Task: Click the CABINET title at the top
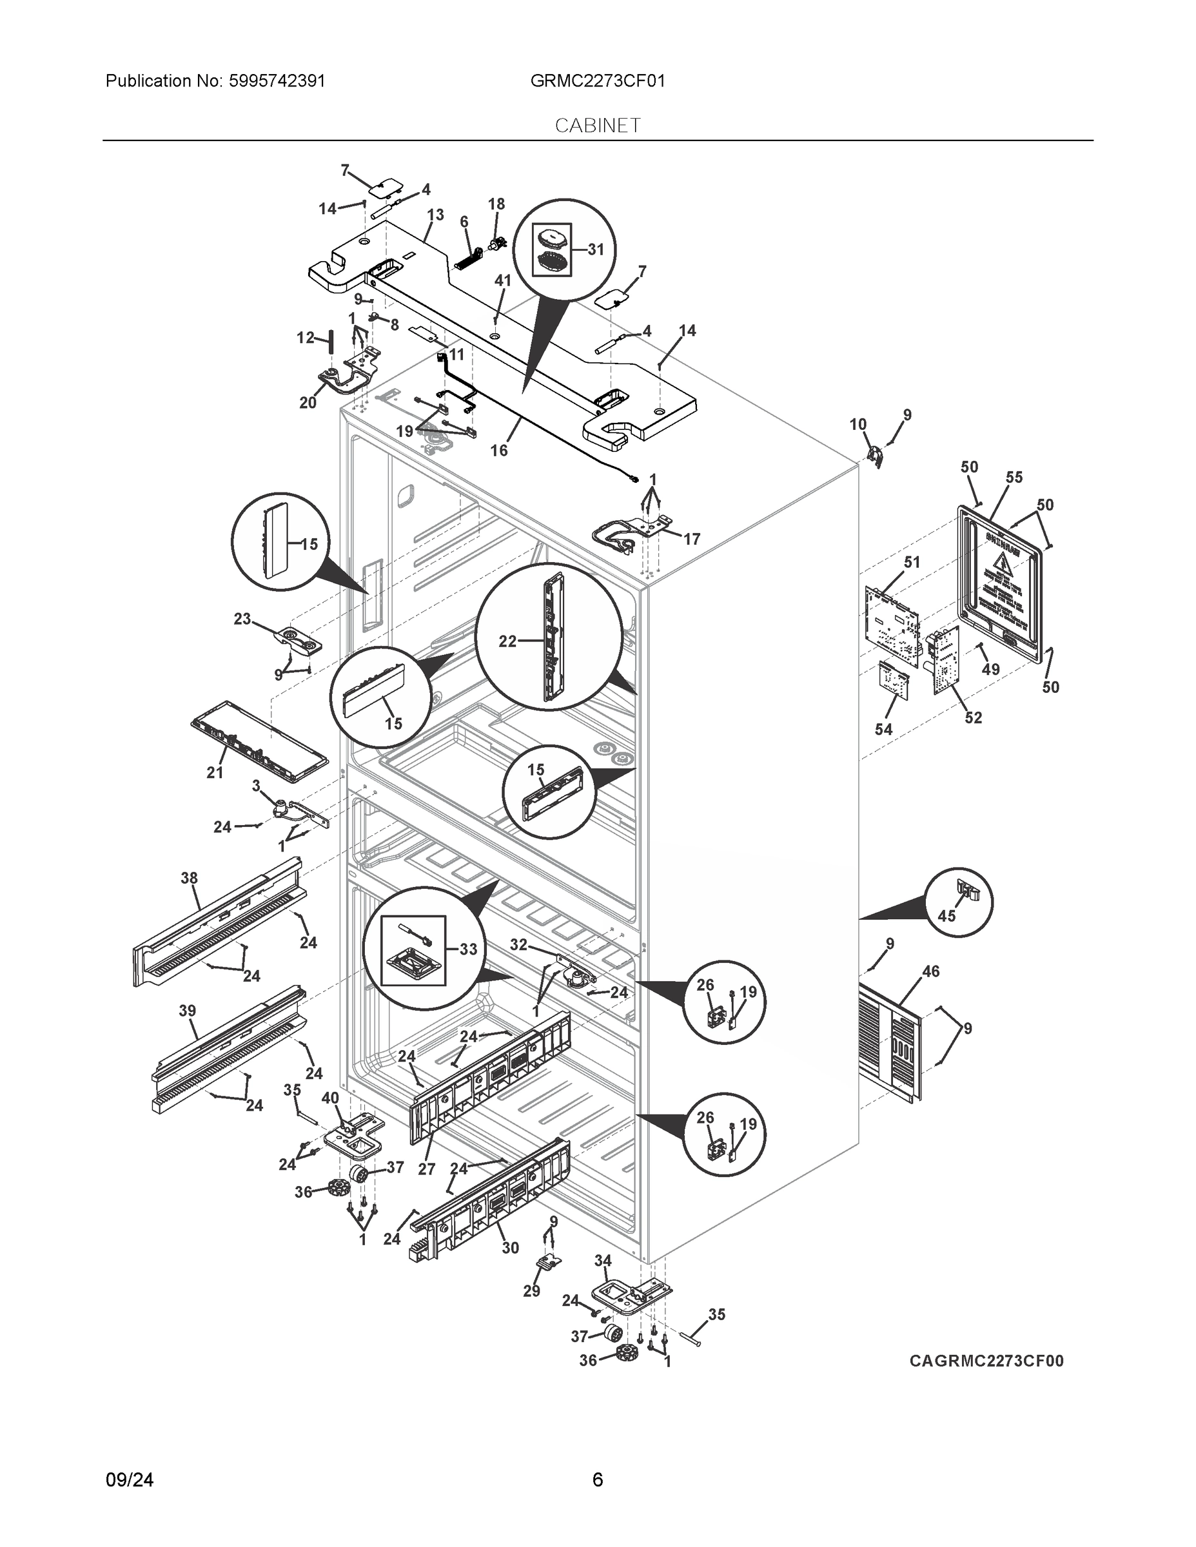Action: [x=597, y=126]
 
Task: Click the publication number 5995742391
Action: [x=278, y=81]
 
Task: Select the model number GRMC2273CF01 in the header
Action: [x=597, y=81]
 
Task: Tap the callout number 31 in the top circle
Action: [x=596, y=249]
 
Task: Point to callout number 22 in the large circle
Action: [x=507, y=641]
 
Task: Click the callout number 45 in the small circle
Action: [x=946, y=915]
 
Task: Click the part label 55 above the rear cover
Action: [x=1014, y=478]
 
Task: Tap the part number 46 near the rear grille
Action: [x=930, y=971]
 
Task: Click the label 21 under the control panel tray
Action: [x=215, y=773]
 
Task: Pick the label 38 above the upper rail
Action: [x=188, y=879]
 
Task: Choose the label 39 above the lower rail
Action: [x=187, y=1011]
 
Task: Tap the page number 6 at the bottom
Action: [x=597, y=1480]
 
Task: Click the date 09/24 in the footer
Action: [x=130, y=1480]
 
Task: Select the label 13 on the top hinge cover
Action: [x=435, y=215]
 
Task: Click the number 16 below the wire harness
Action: [x=499, y=450]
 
